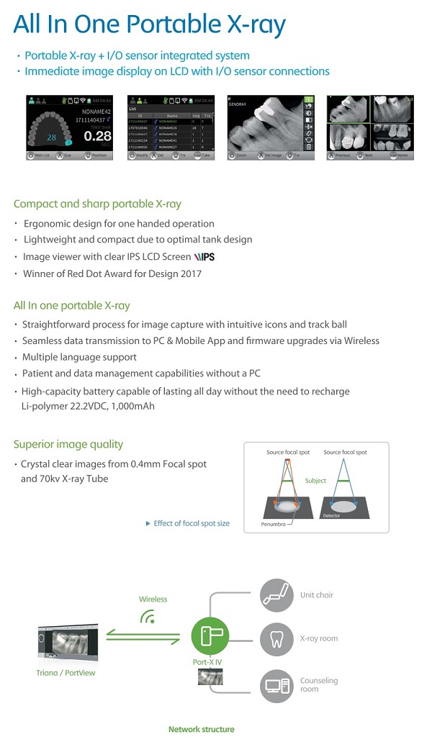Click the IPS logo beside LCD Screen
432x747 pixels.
pos(202,257)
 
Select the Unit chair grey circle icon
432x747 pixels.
pos(276,595)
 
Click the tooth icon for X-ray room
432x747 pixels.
pos(276,638)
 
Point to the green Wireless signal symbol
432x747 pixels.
pos(148,617)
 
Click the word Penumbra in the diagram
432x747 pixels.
pos(273,525)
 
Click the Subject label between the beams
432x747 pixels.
pos(315,480)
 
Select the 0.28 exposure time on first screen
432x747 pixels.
pos(97,135)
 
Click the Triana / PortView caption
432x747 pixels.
pos(66,673)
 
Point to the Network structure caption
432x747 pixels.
pos(201,729)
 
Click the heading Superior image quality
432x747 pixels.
pos(68,444)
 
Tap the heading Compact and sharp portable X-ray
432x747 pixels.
pos(97,204)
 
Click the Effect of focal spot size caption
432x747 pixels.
pos(191,523)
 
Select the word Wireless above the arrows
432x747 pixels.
pos(153,599)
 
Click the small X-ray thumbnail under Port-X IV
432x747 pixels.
pos(210,676)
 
